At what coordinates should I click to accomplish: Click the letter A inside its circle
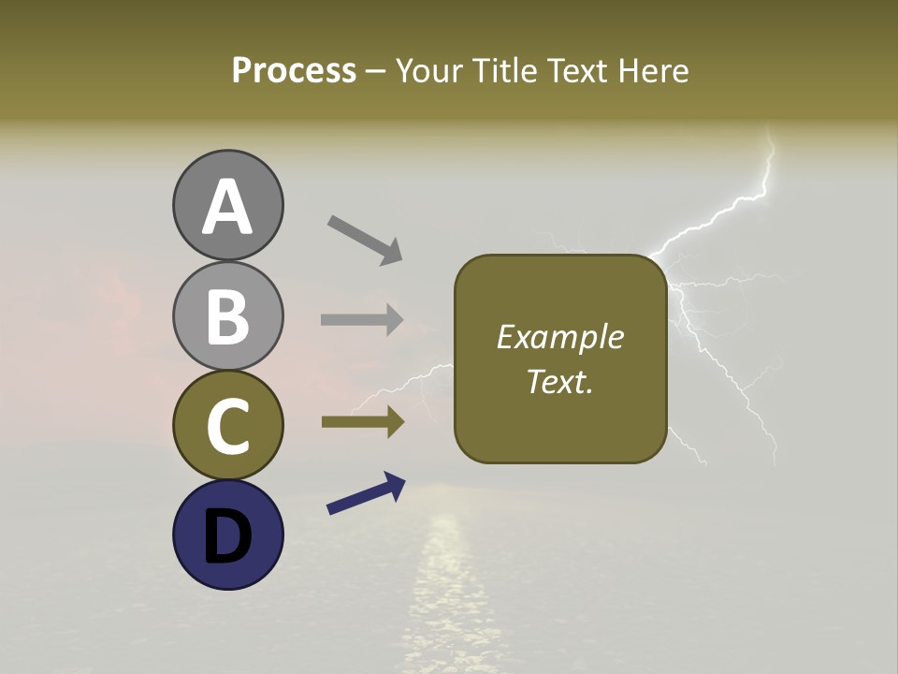[227, 206]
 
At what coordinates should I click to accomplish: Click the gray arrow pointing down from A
[365, 239]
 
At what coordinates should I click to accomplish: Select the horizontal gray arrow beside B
[362, 319]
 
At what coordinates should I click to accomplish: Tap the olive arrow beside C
[362, 422]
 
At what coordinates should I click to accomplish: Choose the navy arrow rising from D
[366, 493]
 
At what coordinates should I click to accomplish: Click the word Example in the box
[559, 337]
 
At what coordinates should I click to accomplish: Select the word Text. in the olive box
[559, 381]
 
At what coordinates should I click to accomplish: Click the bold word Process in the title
[294, 71]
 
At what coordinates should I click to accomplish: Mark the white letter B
[227, 316]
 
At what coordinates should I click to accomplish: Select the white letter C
[227, 427]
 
